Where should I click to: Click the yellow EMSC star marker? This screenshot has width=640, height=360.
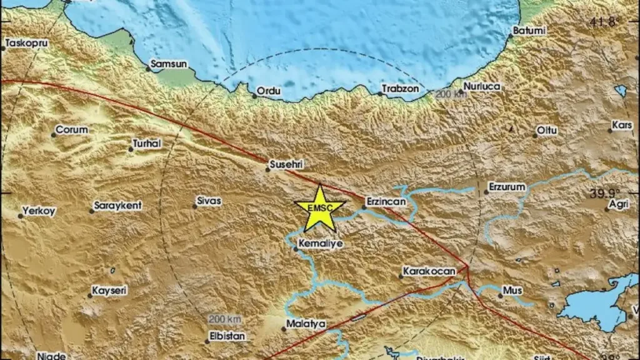tap(320, 208)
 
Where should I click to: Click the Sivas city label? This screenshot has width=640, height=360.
tap(209, 201)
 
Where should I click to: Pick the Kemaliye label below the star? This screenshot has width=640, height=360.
tap(322, 244)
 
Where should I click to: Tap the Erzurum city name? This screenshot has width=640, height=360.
tap(507, 187)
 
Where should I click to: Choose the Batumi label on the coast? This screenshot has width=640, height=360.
tap(529, 30)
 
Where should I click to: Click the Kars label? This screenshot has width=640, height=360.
tap(622, 125)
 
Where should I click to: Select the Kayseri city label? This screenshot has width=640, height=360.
tap(109, 291)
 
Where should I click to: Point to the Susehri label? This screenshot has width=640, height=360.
tap(286, 165)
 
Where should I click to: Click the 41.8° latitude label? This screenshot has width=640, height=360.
tap(604, 22)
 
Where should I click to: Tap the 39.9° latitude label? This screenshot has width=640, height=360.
tap(607, 193)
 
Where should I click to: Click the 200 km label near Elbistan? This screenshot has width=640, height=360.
tap(225, 319)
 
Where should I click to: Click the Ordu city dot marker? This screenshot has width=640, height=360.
tap(255, 96)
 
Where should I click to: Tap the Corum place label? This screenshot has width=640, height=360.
tap(72, 130)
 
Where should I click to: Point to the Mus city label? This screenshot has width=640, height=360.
tap(512, 291)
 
